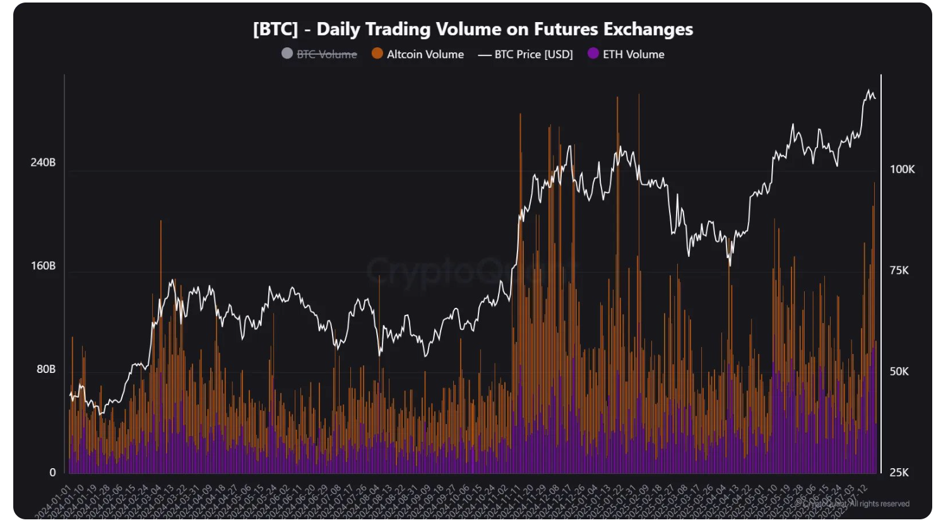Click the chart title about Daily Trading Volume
click(473, 29)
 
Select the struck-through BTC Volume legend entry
click(326, 54)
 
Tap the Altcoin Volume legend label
click(425, 54)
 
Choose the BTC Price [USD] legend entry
click(533, 54)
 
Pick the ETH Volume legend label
click(633, 54)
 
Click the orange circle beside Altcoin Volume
click(377, 54)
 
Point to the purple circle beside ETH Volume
click(593, 54)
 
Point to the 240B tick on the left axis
click(43, 163)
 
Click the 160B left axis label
click(43, 266)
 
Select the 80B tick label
click(45, 369)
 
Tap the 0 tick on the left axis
click(52, 472)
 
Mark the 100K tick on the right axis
click(902, 169)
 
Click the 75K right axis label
click(899, 270)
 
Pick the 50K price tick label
click(899, 371)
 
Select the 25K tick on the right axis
click(899, 472)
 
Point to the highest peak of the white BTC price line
click(869, 90)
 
